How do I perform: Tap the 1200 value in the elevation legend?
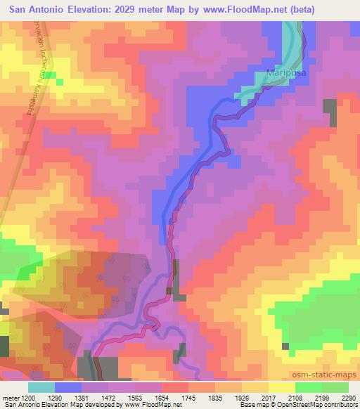[28, 397]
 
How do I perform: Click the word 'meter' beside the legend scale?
[10, 397]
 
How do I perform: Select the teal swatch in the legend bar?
[41, 387]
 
